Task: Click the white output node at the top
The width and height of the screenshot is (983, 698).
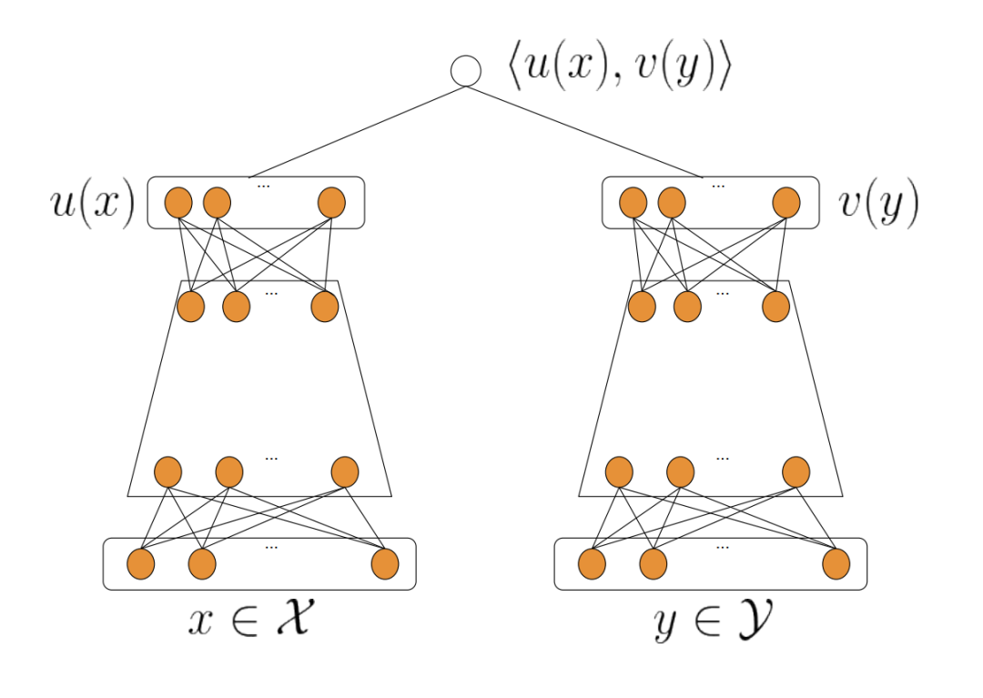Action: pos(466,71)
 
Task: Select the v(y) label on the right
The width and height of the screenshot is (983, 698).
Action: pos(877,204)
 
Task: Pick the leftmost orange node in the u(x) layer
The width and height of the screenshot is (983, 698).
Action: pos(178,202)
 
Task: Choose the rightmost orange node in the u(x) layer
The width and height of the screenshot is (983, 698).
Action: pos(332,202)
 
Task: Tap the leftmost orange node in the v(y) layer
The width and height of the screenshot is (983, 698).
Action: pos(633,202)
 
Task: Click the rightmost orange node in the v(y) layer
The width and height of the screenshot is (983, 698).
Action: pos(786,202)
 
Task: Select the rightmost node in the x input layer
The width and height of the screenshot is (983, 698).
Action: pos(385,564)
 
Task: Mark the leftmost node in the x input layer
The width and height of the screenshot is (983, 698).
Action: pos(140,564)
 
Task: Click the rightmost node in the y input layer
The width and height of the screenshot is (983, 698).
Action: pos(836,564)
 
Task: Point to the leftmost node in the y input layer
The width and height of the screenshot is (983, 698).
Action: pos(592,564)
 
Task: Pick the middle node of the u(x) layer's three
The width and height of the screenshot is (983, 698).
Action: pos(217,202)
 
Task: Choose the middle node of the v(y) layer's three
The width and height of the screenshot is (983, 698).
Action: pos(672,202)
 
